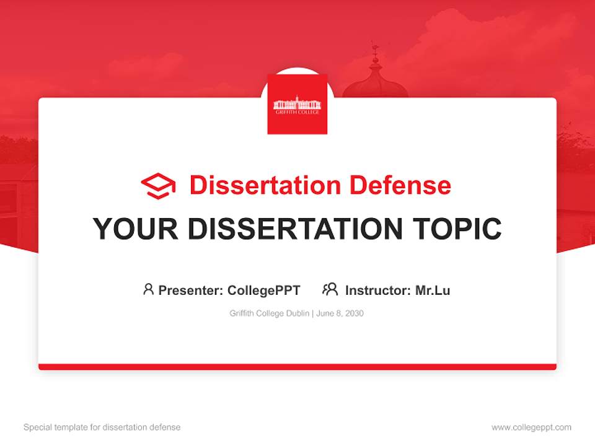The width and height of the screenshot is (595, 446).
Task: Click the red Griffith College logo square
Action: click(x=297, y=103)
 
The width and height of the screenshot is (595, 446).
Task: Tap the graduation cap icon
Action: click(x=158, y=186)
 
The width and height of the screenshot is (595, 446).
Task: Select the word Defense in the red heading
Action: click(x=399, y=185)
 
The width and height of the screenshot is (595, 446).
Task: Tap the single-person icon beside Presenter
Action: click(x=148, y=289)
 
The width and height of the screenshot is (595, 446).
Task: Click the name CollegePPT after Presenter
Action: click(x=264, y=290)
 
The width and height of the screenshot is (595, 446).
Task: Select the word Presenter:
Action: click(x=191, y=290)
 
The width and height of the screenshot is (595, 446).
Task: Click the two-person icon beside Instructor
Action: click(x=330, y=289)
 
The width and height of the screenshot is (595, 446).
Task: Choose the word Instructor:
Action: click(x=378, y=290)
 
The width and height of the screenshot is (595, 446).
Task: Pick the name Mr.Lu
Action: click(x=433, y=290)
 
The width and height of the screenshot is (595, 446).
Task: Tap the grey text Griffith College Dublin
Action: click(x=270, y=313)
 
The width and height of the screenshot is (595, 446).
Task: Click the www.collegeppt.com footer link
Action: click(x=531, y=427)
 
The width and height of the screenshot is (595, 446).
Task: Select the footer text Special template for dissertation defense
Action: click(x=102, y=427)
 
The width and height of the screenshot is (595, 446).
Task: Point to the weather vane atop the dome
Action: click(x=374, y=50)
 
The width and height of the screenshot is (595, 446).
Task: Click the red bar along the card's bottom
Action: click(x=297, y=367)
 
